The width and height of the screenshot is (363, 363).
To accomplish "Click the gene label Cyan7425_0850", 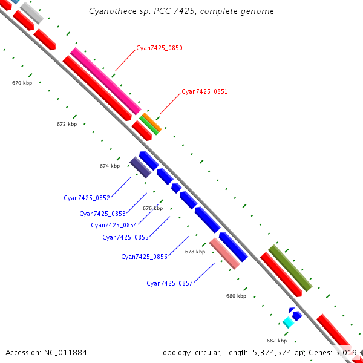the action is (159, 48).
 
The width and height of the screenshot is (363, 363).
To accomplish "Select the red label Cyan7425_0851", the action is (204, 91).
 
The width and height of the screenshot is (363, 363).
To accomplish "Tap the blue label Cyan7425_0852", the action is (87, 198).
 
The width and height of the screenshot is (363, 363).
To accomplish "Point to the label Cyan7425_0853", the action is (103, 214).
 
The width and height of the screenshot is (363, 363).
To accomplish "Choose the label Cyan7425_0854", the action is (114, 225).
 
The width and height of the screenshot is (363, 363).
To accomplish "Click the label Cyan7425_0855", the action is (125, 237).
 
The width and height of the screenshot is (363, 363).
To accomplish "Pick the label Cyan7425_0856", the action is (144, 257).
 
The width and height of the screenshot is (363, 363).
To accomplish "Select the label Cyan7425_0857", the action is (169, 283).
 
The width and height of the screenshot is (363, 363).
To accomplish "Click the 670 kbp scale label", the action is (22, 83).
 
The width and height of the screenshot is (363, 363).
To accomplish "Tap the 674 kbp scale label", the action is (110, 166).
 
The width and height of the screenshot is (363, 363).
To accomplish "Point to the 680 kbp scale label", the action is (236, 296).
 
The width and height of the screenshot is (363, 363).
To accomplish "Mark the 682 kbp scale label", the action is (276, 341).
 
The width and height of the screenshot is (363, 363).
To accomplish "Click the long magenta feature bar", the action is (106, 81).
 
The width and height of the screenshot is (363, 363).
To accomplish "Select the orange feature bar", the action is (152, 122).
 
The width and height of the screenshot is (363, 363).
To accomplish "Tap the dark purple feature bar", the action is (140, 168).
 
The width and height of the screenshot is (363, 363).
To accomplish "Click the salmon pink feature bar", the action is (224, 253).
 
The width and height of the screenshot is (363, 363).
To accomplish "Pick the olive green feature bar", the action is (290, 268).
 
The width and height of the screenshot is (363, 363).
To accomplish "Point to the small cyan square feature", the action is (288, 322).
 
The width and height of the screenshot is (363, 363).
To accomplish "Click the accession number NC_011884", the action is (65, 353).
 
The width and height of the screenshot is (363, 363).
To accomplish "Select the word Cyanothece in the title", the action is (113, 11).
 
